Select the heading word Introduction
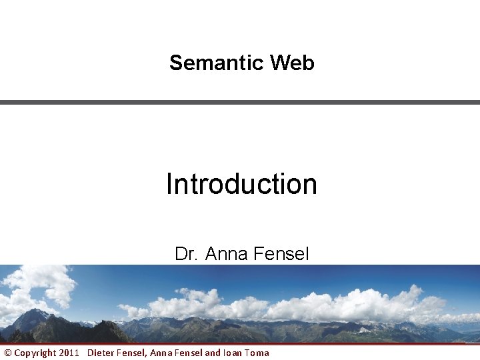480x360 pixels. click(241, 184)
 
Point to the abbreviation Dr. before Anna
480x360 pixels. click(187, 254)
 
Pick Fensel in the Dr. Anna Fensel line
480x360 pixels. click(283, 254)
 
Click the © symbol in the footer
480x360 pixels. click(8, 353)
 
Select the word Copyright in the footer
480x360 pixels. click(35, 353)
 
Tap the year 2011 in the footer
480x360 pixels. click(69, 353)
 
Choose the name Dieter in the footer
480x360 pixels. click(101, 353)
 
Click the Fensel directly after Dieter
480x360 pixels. click(131, 353)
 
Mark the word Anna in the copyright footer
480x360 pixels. click(161, 353)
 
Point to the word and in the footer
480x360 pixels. click(212, 353)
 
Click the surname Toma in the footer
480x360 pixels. click(257, 353)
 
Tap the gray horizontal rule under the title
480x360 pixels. click(240, 102)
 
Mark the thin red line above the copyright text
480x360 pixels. click(240, 344)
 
